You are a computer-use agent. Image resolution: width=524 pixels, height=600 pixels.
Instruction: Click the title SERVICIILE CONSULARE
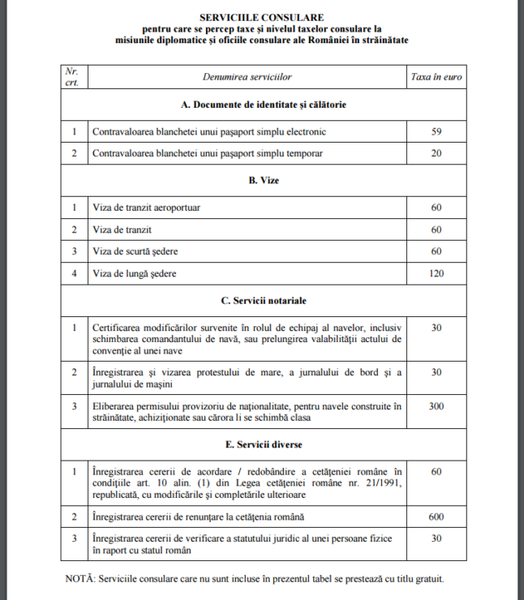(261, 16)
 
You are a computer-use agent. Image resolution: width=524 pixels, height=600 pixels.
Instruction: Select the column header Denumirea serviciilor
(247, 76)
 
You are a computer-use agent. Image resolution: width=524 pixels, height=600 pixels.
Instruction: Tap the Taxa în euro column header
(436, 76)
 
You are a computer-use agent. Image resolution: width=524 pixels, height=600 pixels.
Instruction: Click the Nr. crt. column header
(73, 76)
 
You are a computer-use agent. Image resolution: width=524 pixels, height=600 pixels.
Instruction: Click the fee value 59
(436, 131)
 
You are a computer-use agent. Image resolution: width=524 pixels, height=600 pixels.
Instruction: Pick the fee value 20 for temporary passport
(436, 153)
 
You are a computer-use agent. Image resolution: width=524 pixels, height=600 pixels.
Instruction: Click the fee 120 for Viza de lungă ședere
(436, 274)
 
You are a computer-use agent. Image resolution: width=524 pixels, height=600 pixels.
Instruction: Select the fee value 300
(436, 406)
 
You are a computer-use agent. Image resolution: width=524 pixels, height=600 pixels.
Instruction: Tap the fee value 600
(436, 516)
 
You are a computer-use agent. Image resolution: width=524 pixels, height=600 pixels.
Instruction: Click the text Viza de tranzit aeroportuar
(147, 208)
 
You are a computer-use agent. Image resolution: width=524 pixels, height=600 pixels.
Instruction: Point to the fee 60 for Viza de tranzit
(436, 229)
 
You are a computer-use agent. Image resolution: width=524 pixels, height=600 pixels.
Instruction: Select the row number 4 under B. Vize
(74, 274)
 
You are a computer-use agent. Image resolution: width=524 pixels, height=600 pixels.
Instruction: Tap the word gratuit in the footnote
(426, 579)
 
